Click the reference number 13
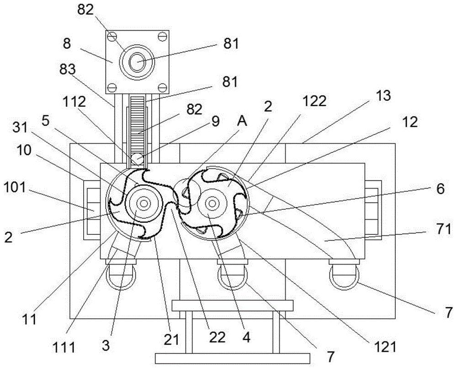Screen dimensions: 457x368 coord(383,96)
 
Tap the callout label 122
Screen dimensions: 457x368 coord(314,101)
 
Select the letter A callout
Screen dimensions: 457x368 coord(242,121)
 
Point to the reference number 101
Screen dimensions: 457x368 coord(15,187)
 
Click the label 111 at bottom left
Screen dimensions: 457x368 coord(64,347)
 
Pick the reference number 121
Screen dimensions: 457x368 coord(385,346)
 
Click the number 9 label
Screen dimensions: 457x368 coord(215,121)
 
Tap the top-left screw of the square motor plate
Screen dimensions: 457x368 coord(112,37)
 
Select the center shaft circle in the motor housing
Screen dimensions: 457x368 coord(137,62)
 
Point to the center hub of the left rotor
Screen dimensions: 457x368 coord(143,203)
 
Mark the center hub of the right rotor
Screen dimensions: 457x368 coord(212,203)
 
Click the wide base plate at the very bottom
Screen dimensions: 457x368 coord(232,358)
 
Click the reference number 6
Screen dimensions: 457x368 coord(440,189)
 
